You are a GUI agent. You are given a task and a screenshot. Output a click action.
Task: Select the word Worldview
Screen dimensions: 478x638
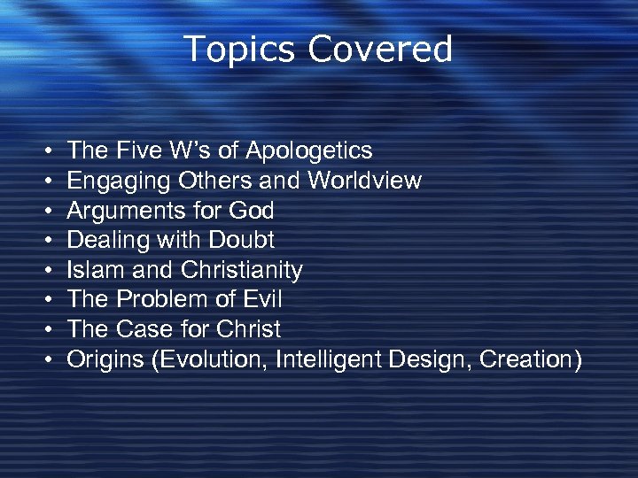(365, 181)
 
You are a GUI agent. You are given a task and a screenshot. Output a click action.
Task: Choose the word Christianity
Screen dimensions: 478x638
(242, 270)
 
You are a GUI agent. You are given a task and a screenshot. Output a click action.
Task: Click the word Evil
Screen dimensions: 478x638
(261, 299)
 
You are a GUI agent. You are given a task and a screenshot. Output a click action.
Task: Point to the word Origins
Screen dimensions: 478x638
(106, 360)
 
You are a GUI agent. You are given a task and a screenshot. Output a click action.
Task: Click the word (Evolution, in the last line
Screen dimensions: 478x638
(213, 359)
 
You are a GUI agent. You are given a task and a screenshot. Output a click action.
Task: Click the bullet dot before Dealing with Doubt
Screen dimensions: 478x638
(45, 241)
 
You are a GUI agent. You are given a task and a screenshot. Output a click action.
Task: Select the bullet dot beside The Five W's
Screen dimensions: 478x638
(45, 151)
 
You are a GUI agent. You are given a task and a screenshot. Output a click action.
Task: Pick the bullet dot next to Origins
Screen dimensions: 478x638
(45, 360)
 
